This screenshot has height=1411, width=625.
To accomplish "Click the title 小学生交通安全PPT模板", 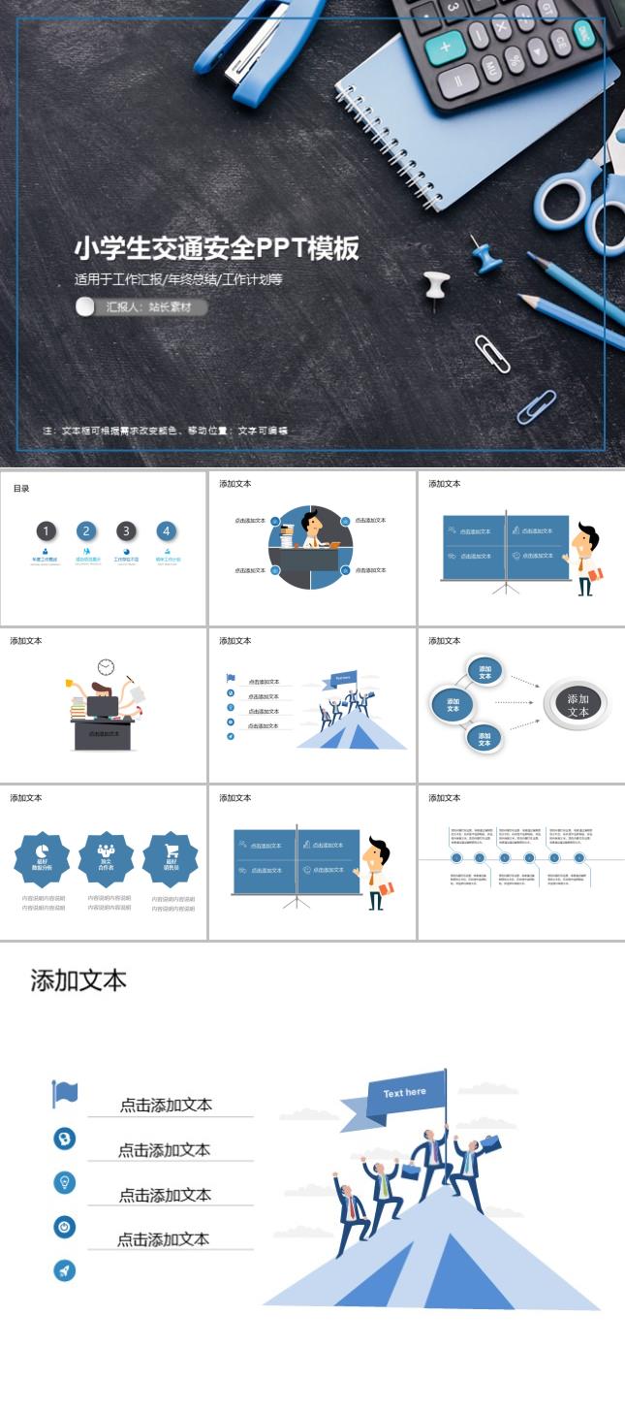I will (217, 248).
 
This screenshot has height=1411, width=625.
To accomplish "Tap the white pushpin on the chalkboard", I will (436, 285).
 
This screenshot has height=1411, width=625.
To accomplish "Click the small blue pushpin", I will (484, 256).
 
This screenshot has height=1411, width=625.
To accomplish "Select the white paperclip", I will (492, 354).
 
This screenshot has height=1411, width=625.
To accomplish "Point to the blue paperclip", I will (537, 406).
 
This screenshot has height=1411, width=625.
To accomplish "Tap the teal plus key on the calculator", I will (447, 46).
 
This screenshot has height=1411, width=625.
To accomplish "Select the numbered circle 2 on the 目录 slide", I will (86, 530).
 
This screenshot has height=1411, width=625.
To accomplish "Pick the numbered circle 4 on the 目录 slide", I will (167, 530).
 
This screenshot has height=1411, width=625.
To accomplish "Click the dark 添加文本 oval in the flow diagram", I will (578, 705).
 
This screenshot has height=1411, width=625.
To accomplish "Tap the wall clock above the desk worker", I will (106, 667).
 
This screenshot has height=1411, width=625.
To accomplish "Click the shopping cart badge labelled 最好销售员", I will (171, 858).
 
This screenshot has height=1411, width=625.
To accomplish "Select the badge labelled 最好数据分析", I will (42, 858).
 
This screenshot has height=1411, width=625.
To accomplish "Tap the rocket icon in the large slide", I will (65, 1271).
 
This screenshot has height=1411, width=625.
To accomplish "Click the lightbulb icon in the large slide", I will (65, 1182).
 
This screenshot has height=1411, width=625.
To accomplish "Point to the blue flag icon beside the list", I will (65, 1094).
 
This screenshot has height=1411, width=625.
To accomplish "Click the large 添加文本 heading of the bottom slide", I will (78, 980).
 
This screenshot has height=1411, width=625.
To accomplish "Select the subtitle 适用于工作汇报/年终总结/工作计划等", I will (178, 279).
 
